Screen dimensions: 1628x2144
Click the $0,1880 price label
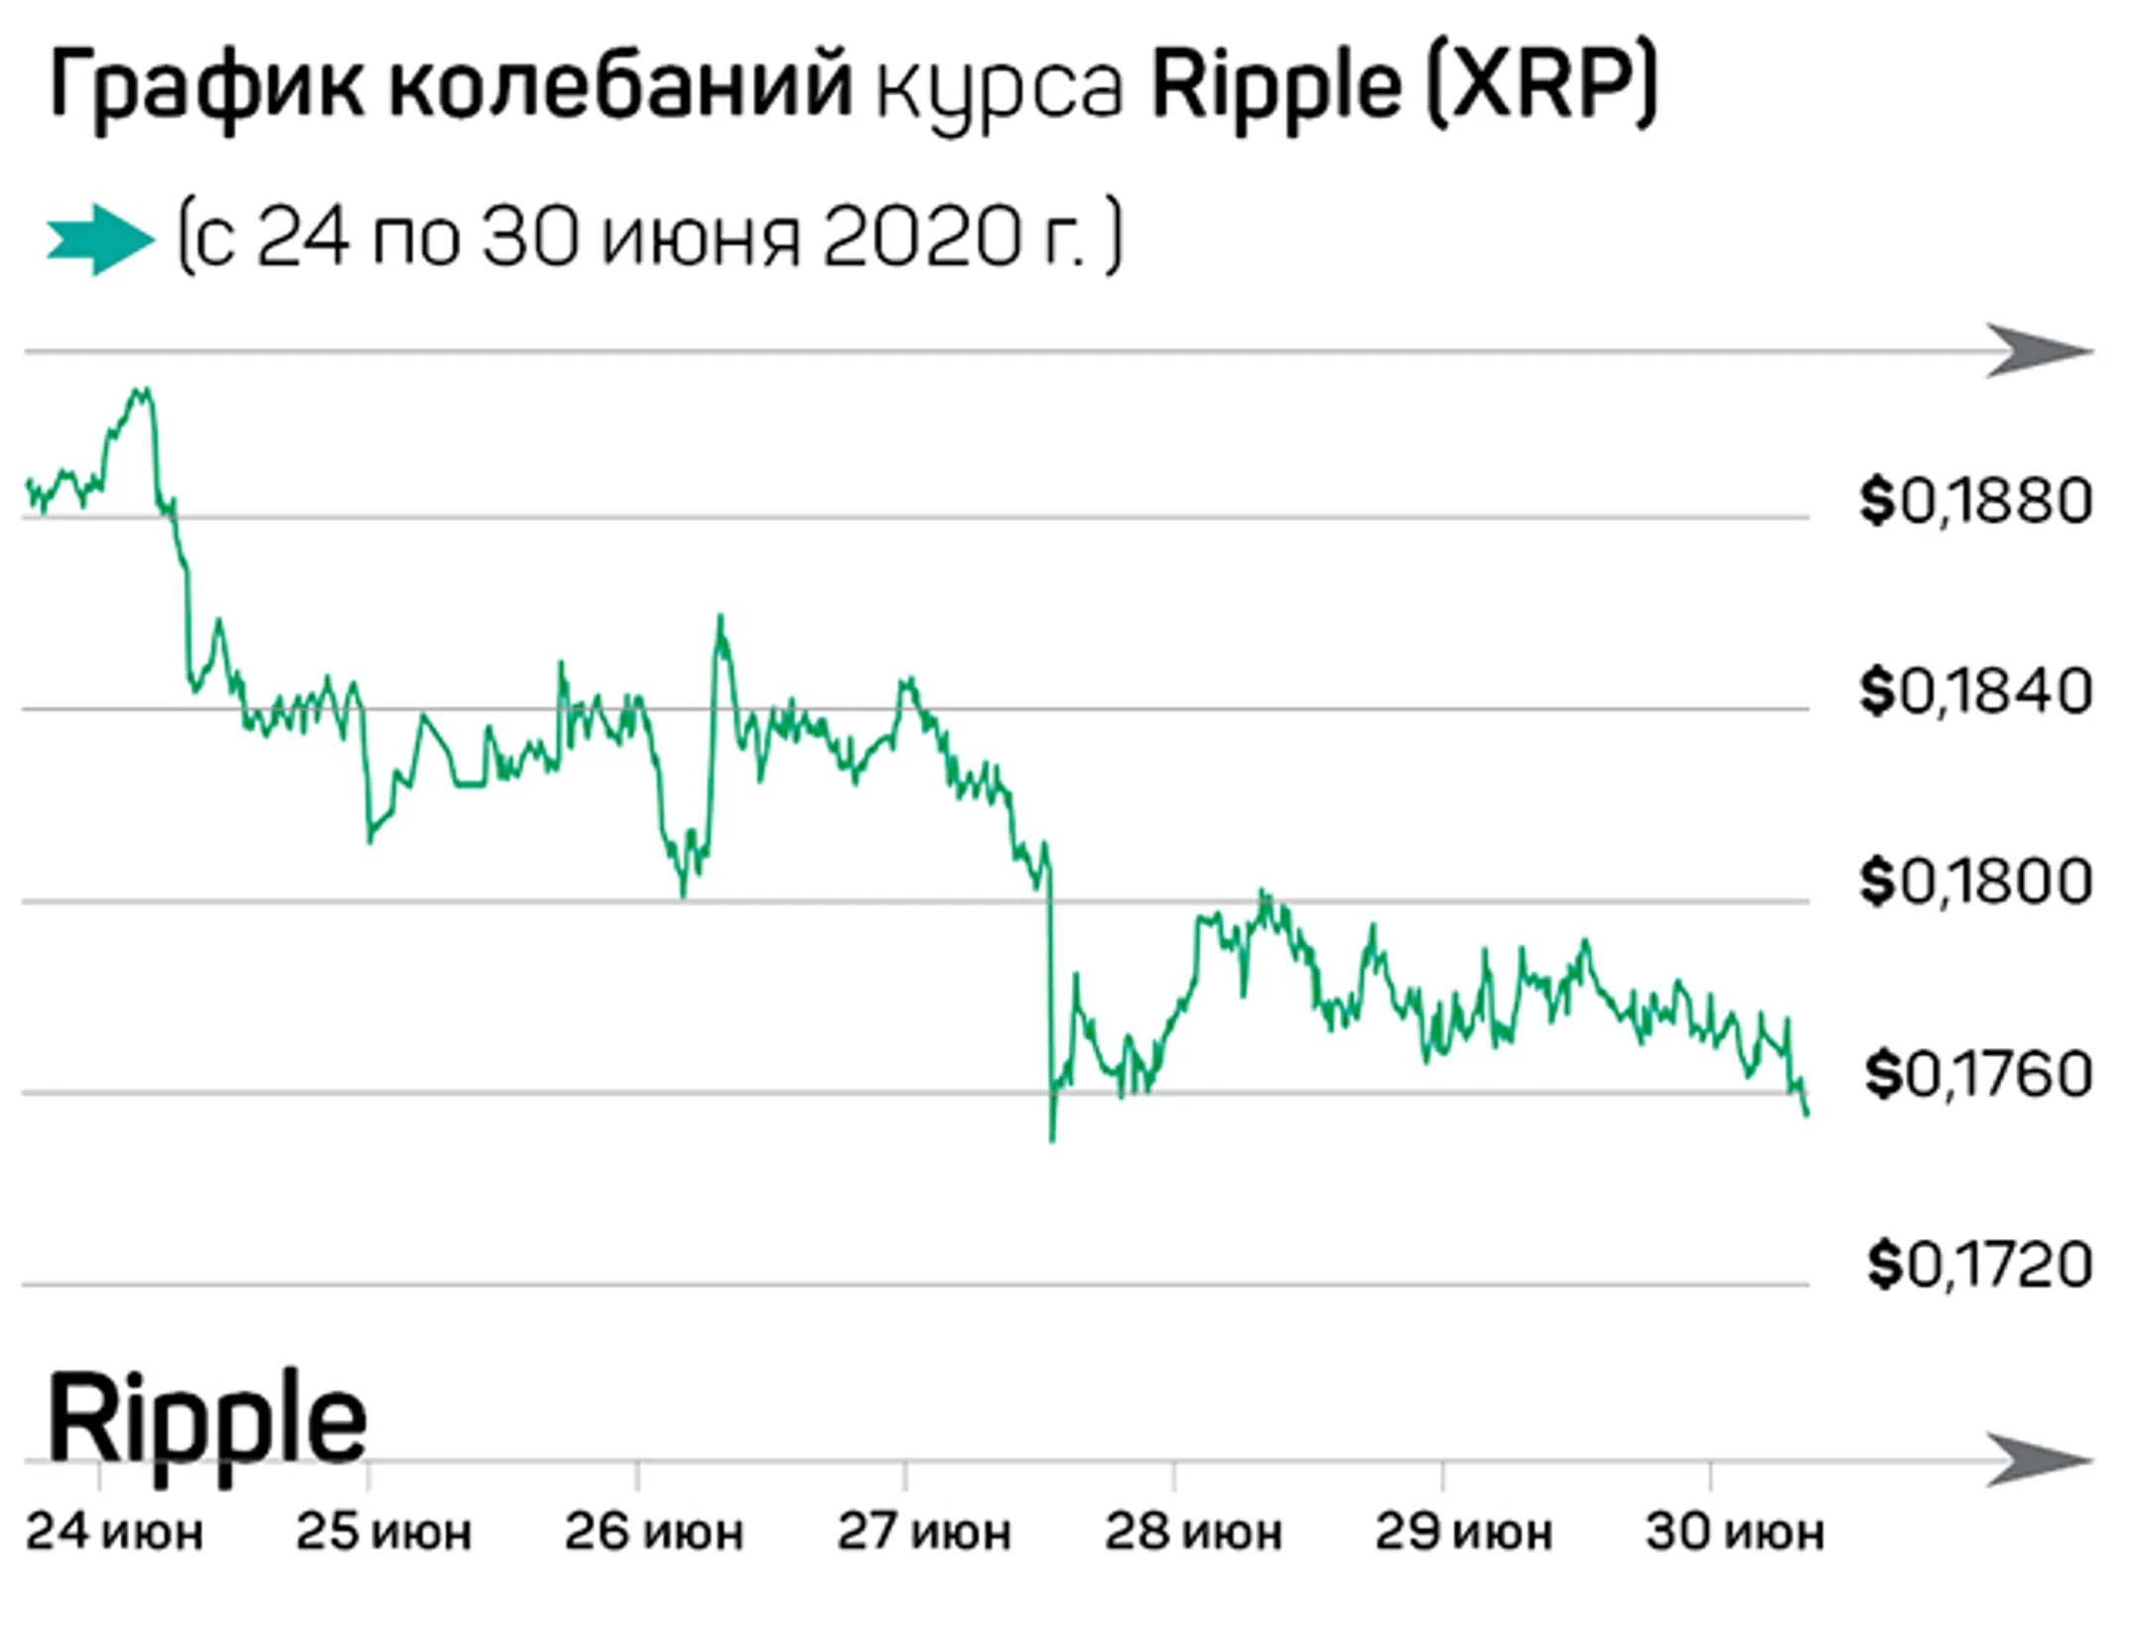[1975, 501]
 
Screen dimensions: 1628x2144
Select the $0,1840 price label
[1975, 692]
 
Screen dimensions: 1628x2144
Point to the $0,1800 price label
[1975, 882]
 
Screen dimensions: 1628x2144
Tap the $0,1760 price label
[1978, 1074]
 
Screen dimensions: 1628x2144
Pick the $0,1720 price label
[1979, 1265]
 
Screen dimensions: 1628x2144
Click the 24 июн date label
[114, 1532]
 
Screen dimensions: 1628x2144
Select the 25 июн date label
[383, 1532]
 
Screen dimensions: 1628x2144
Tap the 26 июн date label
[653, 1532]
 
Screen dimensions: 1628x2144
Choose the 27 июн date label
[923, 1532]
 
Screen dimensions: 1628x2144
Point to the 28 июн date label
[1193, 1532]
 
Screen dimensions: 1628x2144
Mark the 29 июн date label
[1463, 1532]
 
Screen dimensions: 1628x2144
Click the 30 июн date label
[1734, 1532]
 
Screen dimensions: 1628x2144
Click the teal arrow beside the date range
[100, 239]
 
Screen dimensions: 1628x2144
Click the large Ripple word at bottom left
[206, 1422]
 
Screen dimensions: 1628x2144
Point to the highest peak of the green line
[144, 390]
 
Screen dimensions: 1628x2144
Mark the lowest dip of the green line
[1052, 1140]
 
